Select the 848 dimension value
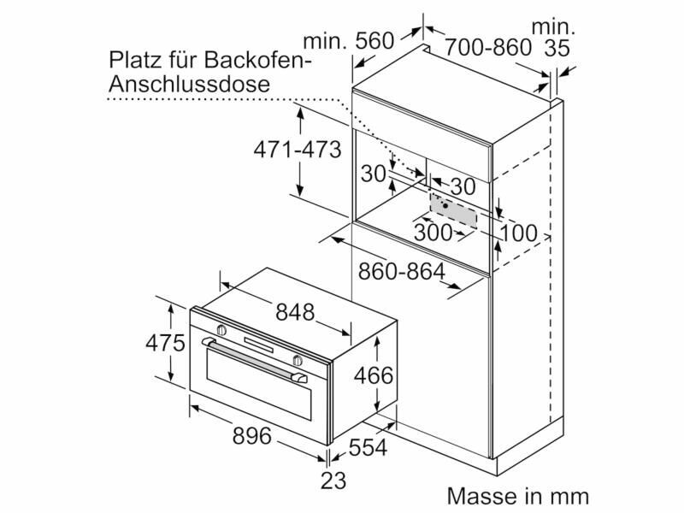pos(294,312)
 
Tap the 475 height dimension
pos(165,344)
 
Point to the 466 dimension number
pos(374,375)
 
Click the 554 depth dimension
pos(368,447)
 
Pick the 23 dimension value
pos(333,481)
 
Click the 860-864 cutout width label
pos(402,271)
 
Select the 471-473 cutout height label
pos(298,150)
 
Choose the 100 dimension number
pos(517,232)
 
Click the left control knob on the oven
pos(222,331)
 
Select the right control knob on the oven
pos(296,359)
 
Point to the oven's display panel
pos(259,344)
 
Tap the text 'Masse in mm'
pos(518,496)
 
